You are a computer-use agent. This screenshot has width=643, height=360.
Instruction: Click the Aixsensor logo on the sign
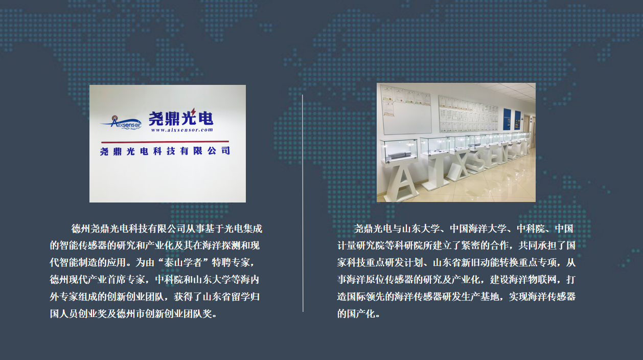pos(121,122)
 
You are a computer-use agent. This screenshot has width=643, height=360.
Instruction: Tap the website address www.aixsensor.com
pos(182,130)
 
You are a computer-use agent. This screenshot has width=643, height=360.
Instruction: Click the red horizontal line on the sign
pos(165,142)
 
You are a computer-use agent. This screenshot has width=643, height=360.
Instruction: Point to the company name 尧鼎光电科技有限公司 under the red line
pos(165,151)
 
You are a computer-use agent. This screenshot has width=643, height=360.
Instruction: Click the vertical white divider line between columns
pos(303,203)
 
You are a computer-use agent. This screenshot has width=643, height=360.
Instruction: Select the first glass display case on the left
pos(399,151)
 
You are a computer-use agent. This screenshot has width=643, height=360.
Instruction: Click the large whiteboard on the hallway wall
pos(406,110)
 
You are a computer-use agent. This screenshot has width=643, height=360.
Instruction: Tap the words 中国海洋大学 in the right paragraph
pos(478,229)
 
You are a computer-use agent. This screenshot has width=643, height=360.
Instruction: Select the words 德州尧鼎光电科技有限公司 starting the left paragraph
pos(128,229)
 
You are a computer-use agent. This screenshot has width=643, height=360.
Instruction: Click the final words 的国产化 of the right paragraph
pos(356,313)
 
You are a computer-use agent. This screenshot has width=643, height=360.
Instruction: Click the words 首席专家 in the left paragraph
pos(126,280)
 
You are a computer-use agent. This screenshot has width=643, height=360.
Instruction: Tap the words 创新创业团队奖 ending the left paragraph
pos(178,313)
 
